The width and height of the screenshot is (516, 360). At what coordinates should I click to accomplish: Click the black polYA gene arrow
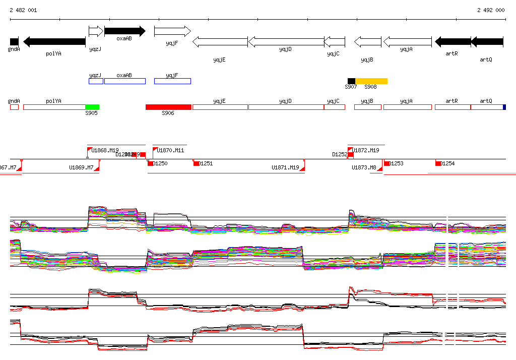pyautogui.click(x=54, y=42)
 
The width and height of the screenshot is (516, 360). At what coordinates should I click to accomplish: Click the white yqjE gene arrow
pyautogui.click(x=220, y=42)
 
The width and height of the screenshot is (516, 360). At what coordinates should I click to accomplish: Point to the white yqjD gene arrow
pyautogui.click(x=286, y=42)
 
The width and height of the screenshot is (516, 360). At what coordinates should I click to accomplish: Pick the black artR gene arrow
pyautogui.click(x=453, y=42)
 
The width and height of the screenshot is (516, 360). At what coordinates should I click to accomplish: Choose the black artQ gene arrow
pyautogui.click(x=487, y=42)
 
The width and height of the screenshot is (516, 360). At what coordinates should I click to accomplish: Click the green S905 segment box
pyautogui.click(x=92, y=107)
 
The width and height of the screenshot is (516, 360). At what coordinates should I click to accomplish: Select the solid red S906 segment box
pyautogui.click(x=168, y=107)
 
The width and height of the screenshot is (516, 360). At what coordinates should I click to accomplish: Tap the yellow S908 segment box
pyautogui.click(x=371, y=81)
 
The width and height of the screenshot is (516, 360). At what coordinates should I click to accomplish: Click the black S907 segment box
pyautogui.click(x=351, y=81)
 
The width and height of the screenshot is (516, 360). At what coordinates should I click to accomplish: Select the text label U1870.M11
pyautogui.click(x=170, y=150)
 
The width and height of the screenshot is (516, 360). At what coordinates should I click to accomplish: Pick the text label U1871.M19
pyautogui.click(x=285, y=167)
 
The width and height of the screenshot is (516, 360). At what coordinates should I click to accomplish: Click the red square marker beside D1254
pyautogui.click(x=438, y=163)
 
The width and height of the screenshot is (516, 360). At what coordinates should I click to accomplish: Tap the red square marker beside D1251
pyautogui.click(x=196, y=163)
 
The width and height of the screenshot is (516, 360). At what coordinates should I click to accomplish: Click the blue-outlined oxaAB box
pyautogui.click(x=124, y=81)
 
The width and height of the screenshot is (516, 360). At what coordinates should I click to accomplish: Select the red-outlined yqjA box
pyautogui.click(x=407, y=107)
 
